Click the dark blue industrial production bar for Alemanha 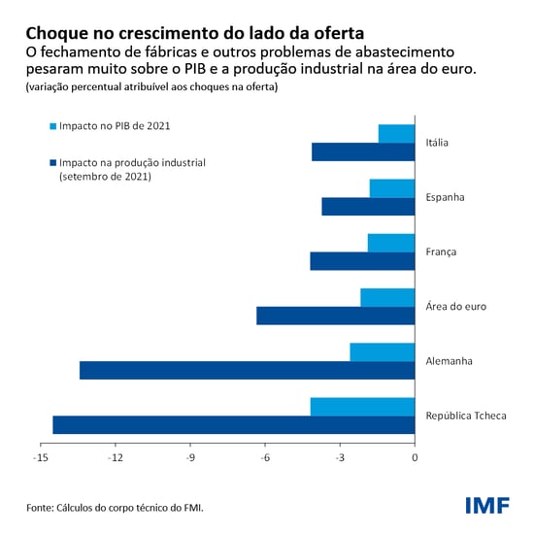247,370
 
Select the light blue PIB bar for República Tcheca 362,406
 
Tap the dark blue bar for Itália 363,151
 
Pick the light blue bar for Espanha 392,188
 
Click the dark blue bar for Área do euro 335,316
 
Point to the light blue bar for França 391,243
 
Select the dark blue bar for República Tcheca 233,424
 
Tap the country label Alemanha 449,361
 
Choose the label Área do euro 455,307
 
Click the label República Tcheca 466,416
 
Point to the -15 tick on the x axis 41,457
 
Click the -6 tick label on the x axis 265,457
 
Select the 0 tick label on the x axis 415,457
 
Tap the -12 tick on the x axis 116,457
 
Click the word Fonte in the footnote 40,508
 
